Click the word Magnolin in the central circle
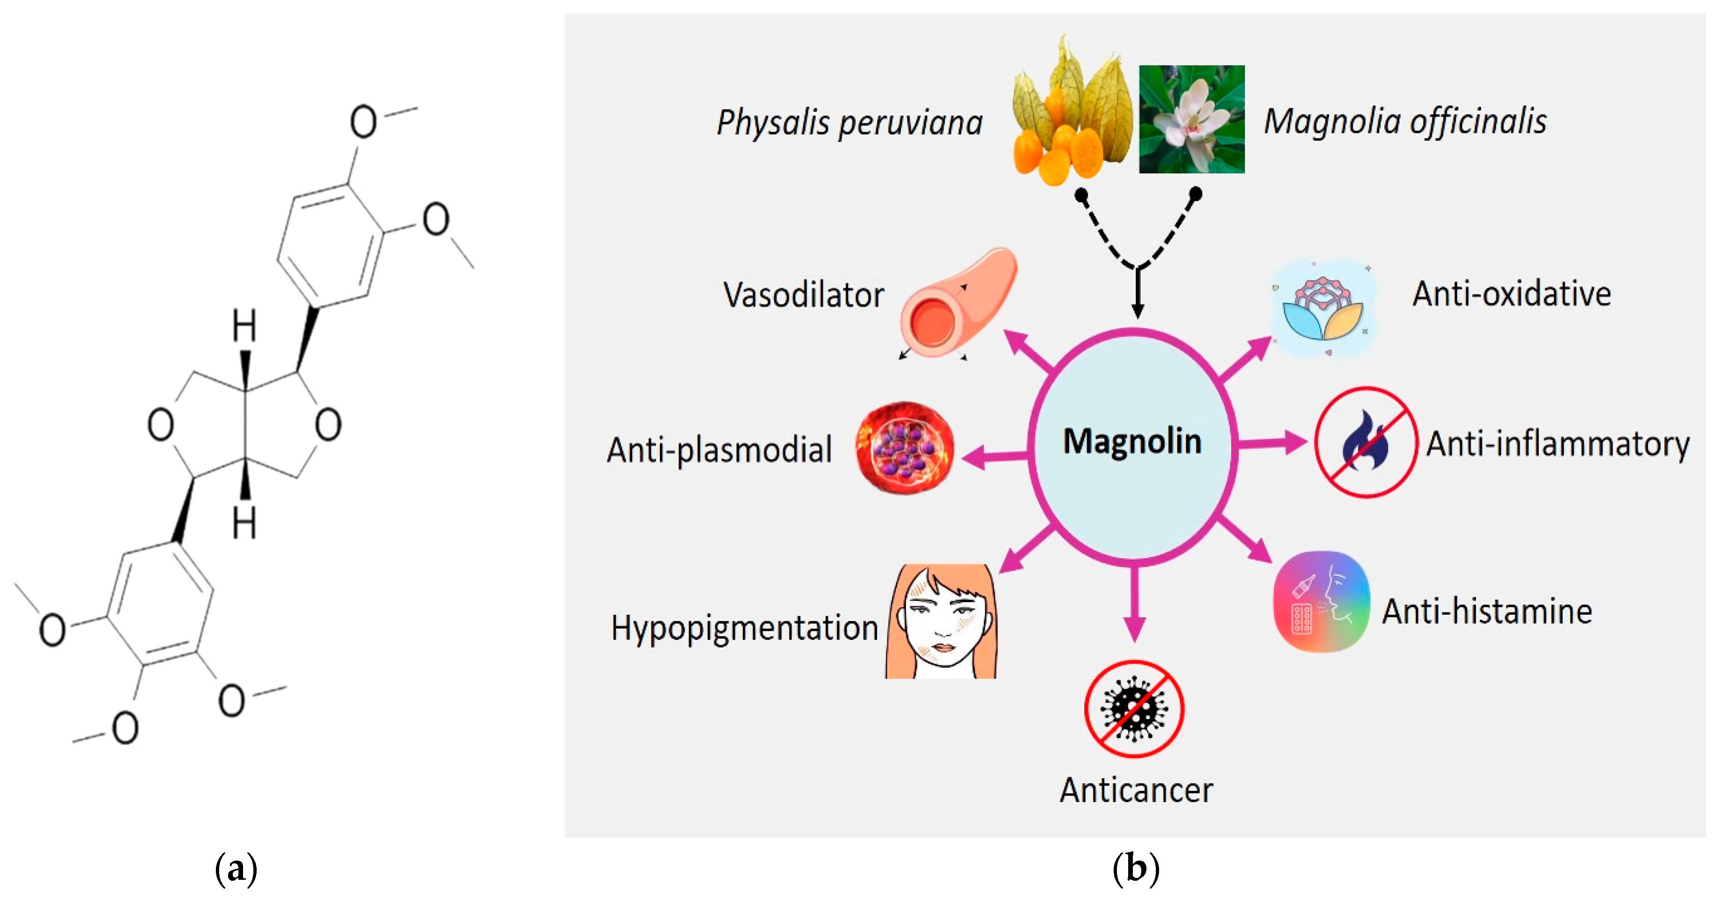coord(1132,442)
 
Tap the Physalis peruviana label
coord(849,122)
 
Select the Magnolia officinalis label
coord(1404,122)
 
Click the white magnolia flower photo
coord(1191,119)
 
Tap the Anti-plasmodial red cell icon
coord(905,447)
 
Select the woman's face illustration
coord(941,622)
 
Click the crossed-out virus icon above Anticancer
coord(1134,708)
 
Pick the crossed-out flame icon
coord(1366,442)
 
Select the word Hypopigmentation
coord(744,628)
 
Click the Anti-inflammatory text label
coord(1558,444)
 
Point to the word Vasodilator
coord(804,295)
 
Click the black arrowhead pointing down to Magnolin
coord(1137,309)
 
